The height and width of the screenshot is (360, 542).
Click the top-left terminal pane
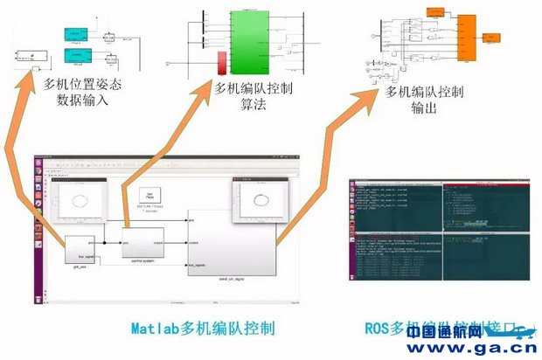[x=396, y=206]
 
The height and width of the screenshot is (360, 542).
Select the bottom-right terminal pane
[x=487, y=258]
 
